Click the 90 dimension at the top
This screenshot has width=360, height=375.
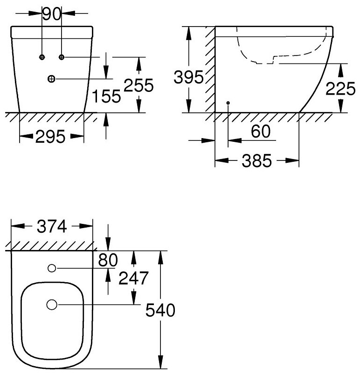(x=52, y=14)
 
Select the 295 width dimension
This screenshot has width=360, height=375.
(x=50, y=137)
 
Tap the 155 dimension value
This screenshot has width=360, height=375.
(x=106, y=96)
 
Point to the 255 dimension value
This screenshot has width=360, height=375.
(x=138, y=85)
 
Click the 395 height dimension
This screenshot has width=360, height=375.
(x=188, y=77)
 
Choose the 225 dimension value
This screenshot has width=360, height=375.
(x=340, y=89)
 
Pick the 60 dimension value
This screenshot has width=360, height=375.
(x=261, y=131)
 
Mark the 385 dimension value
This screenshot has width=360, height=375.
(x=257, y=160)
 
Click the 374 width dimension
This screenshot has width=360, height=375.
(x=52, y=226)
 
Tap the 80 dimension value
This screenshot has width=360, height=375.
(x=108, y=260)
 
